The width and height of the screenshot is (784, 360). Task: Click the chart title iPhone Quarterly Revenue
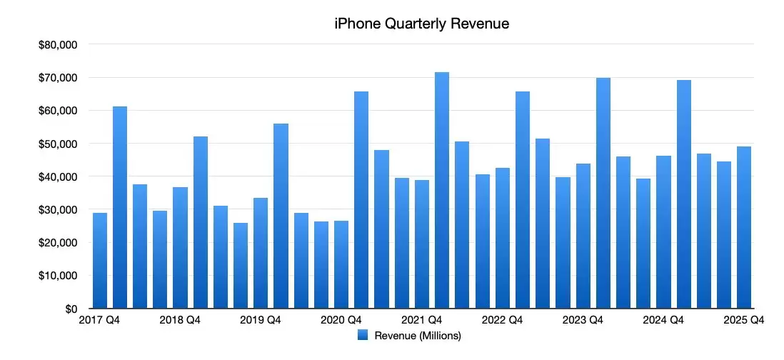click(x=421, y=24)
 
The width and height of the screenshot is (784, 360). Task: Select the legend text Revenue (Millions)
click(x=418, y=335)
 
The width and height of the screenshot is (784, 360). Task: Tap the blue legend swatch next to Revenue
click(x=362, y=335)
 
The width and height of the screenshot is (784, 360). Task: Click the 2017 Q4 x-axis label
click(x=100, y=321)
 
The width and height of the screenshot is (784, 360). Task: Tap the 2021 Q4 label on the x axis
click(x=422, y=321)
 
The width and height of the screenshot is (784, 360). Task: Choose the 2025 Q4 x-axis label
click(x=744, y=321)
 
